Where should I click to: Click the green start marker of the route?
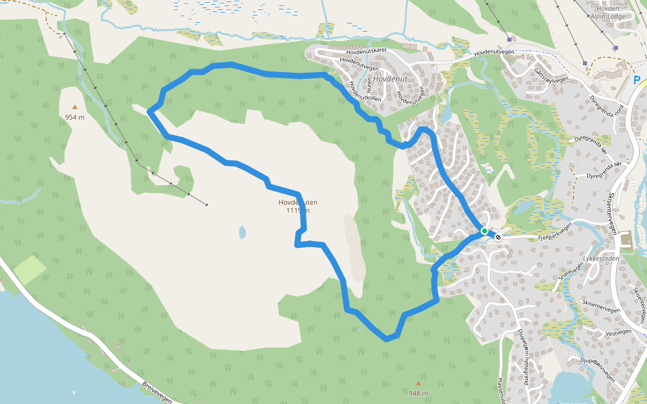tap(484, 232)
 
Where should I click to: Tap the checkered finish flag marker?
tap(498, 236)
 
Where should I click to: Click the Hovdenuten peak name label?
tap(297, 202)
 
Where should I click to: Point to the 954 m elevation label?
tap(75, 117)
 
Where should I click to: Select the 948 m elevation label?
tap(418, 393)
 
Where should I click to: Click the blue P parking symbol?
tap(637, 79)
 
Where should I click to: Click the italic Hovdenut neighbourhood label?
tap(390, 79)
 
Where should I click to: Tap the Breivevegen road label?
tap(158, 393)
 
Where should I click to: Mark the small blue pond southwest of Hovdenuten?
tap(241, 233)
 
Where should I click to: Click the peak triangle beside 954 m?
tap(75, 106)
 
